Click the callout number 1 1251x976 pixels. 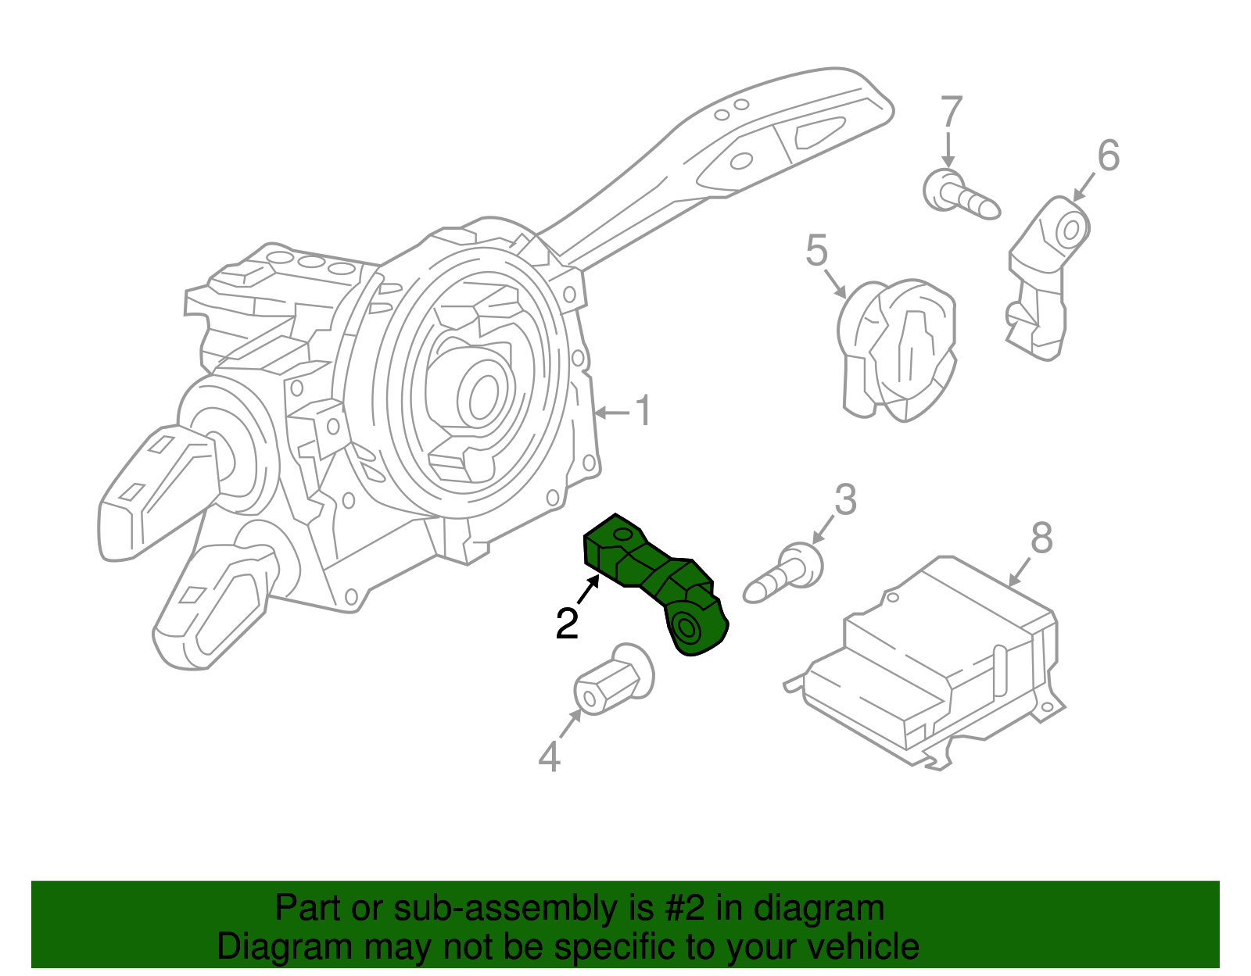tap(643, 411)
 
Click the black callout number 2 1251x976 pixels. tap(567, 624)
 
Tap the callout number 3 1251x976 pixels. tap(845, 500)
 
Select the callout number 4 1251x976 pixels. tap(550, 756)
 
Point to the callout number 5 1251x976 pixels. tap(816, 251)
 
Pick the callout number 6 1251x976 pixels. tap(1109, 156)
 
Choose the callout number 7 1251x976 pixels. tap(951, 113)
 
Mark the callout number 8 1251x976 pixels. tap(1041, 538)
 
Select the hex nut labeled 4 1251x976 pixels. tap(613, 679)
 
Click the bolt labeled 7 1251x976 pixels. tap(958, 195)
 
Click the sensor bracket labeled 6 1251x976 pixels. tap(1044, 277)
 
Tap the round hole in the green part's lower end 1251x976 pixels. tap(686, 627)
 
